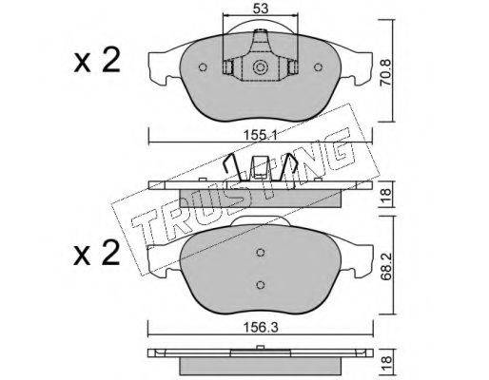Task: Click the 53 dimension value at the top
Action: coord(261,9)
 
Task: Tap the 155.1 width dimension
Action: coord(261,136)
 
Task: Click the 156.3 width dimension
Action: coord(261,328)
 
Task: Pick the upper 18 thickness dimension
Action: coord(386,194)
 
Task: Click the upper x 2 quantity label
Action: coord(97,60)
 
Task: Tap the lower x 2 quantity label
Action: coord(97,252)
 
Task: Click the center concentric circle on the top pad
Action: coord(260,67)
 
